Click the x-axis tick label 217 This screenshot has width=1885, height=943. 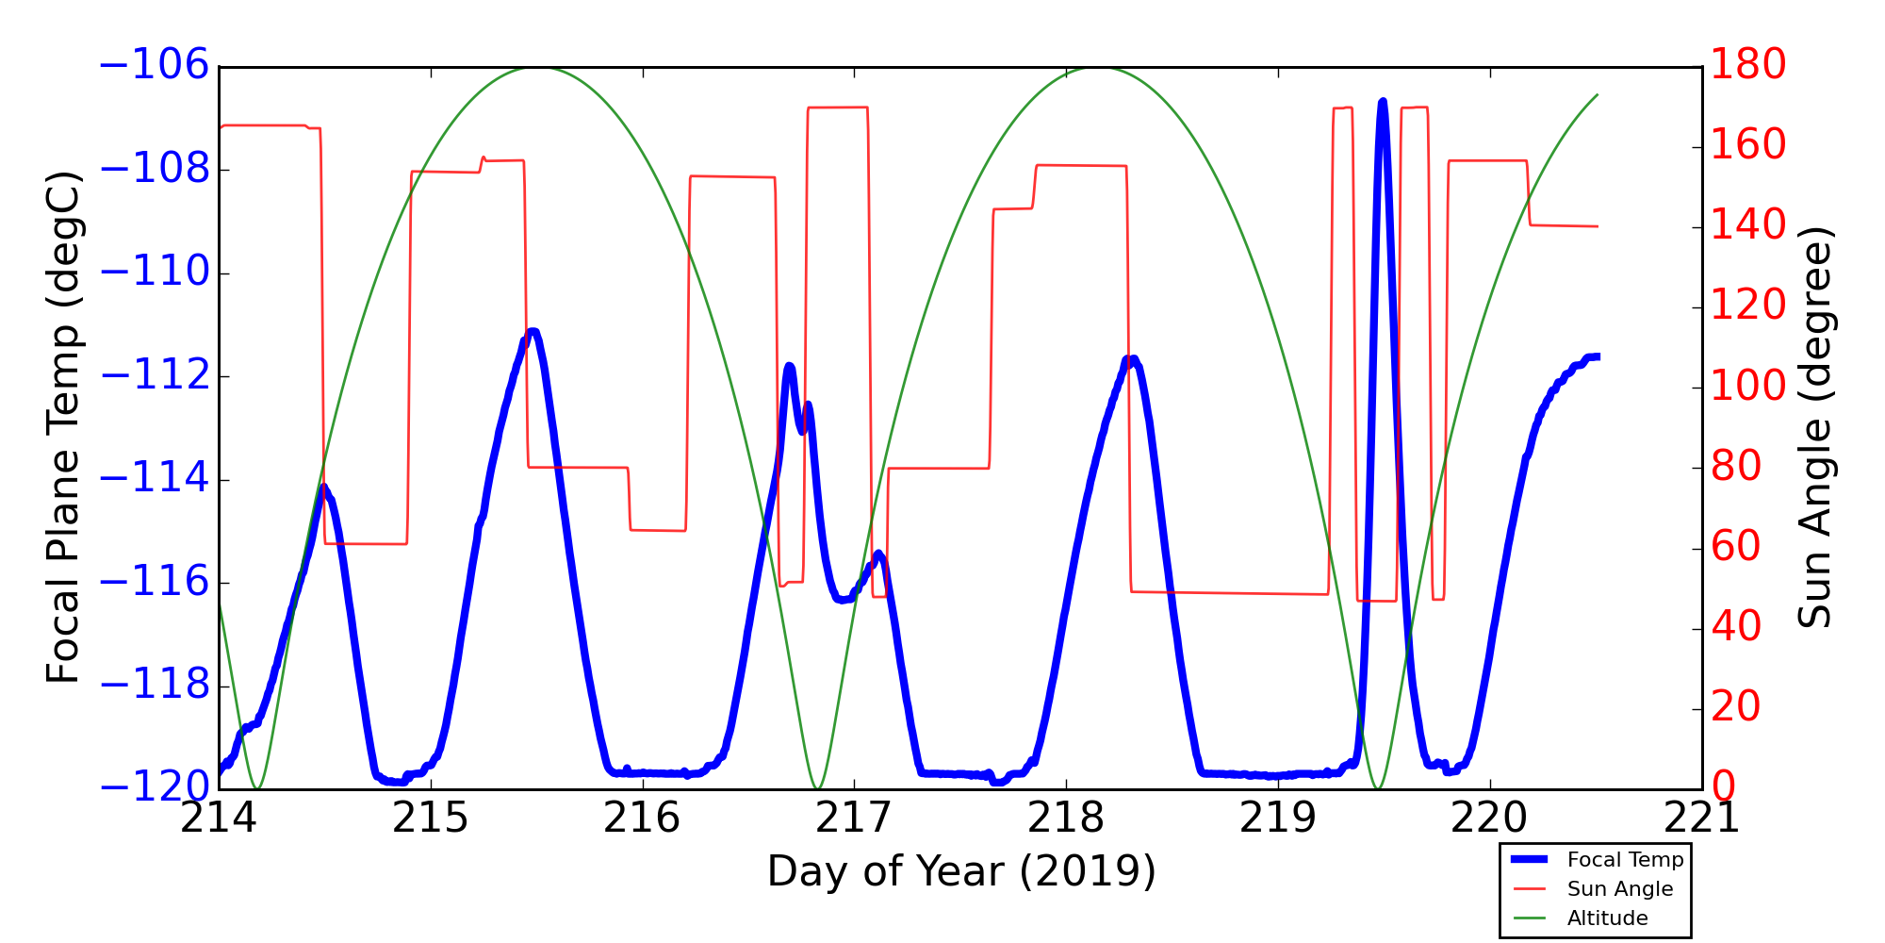pos(854,819)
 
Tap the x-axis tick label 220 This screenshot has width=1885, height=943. pos(1489,819)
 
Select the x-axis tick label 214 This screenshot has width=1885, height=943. pos(219,819)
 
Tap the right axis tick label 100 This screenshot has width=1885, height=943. pos(1748,387)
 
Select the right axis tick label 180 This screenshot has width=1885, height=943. pos(1748,66)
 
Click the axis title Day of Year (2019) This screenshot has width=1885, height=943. pos(960,871)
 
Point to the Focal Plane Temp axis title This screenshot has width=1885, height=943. pos(63,427)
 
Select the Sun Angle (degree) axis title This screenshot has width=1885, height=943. pos(1814,427)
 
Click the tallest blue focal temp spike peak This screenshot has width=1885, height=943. pos(1383,101)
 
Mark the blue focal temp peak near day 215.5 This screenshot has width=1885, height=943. pos(533,331)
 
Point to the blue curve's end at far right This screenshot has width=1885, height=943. pos(1598,356)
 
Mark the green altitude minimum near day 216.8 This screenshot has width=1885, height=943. pos(817,787)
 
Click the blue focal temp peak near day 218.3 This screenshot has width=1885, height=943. pos(1132,358)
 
